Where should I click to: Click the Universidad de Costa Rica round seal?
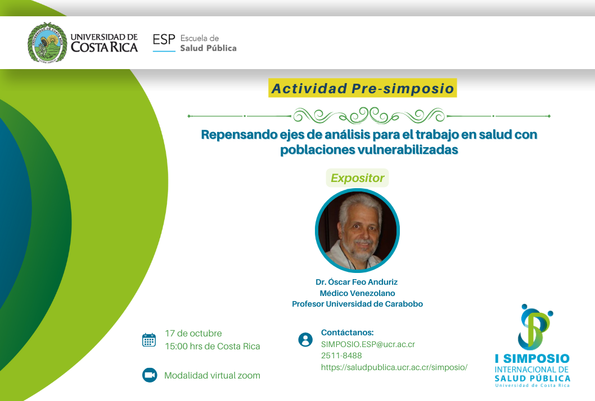[x=47, y=42]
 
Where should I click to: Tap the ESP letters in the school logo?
[x=164, y=39]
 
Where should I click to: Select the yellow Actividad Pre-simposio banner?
[x=362, y=88]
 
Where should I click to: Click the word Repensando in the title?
[x=239, y=135]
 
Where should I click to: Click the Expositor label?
[x=358, y=178]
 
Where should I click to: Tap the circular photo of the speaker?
[x=357, y=230]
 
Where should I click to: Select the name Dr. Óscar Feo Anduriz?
[x=357, y=282]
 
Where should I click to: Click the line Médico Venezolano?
[x=357, y=293]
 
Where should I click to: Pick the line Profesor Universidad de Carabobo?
[x=357, y=304]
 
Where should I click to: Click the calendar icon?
[x=148, y=340]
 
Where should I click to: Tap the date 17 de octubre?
[x=193, y=334]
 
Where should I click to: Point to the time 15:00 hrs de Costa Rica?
[x=212, y=347]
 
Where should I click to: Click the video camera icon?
[x=150, y=375]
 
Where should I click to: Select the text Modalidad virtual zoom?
[x=212, y=376]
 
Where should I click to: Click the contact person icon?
[x=305, y=340]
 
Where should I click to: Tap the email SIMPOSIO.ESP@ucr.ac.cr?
[x=368, y=344]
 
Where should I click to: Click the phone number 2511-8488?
[x=341, y=356]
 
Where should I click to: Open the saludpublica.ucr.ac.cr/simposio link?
[x=394, y=367]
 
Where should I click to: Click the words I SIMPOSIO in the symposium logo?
[x=532, y=358]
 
